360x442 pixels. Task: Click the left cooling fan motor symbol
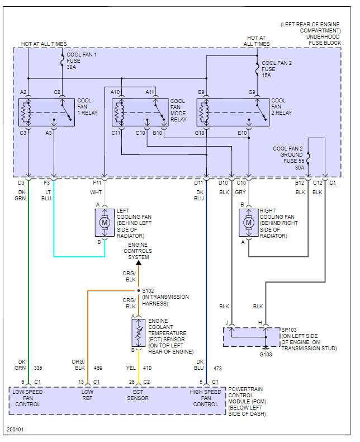(x=105, y=223)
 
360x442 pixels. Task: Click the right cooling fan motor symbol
(x=249, y=223)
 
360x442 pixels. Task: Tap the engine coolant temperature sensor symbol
(x=139, y=333)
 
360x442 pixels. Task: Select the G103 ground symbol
(x=266, y=349)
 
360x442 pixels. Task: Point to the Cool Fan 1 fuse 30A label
(x=82, y=61)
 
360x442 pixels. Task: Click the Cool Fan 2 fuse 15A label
(x=277, y=69)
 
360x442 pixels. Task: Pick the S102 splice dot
(x=139, y=290)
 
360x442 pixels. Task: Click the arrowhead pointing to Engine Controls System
(x=139, y=263)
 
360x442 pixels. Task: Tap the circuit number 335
(x=38, y=368)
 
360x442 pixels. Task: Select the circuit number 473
(x=217, y=368)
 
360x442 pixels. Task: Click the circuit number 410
(x=147, y=368)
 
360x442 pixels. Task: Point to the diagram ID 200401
(x=15, y=429)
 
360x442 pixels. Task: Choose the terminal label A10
(x=115, y=92)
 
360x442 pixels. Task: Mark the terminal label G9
(x=252, y=92)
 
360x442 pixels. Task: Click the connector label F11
(x=97, y=182)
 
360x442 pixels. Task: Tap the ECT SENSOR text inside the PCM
(x=138, y=395)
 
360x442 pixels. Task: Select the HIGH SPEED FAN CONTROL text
(x=206, y=398)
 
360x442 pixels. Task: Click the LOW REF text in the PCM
(x=87, y=395)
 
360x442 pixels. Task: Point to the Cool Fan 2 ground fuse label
(x=289, y=158)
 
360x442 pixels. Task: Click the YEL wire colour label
(x=131, y=368)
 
